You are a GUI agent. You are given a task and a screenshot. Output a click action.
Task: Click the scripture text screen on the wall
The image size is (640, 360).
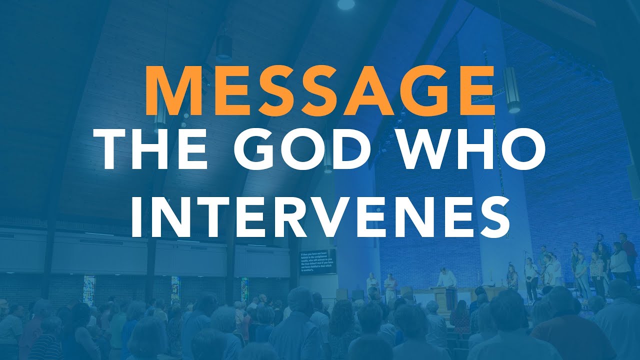click(x=318, y=261)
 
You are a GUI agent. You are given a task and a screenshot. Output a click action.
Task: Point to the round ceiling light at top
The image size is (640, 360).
click(x=345, y=4)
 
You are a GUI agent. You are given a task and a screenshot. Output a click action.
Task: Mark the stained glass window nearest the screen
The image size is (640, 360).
click(x=244, y=288)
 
